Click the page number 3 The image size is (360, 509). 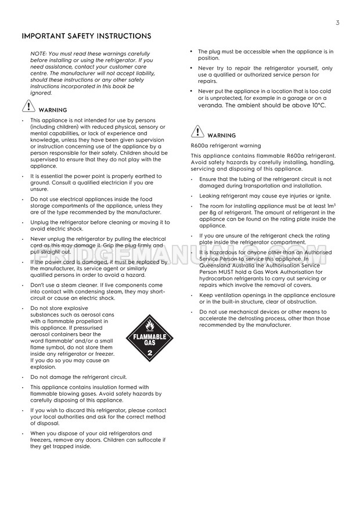tap(337, 23)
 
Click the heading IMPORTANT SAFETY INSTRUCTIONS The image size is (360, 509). tap(87, 36)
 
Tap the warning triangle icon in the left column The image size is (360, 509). tap(28, 106)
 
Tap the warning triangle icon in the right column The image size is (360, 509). tap(197, 132)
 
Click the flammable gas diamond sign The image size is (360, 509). tap(149, 338)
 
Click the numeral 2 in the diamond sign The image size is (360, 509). tap(149, 352)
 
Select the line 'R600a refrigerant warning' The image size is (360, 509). tap(226, 146)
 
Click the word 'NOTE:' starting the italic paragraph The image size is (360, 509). tap(39, 54)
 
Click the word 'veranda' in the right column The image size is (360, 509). tap(210, 105)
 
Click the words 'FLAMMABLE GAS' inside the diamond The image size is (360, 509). tap(149, 339)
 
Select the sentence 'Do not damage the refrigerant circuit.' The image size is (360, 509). tap(78, 377)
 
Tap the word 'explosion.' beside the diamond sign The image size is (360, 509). tap(44, 367)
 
